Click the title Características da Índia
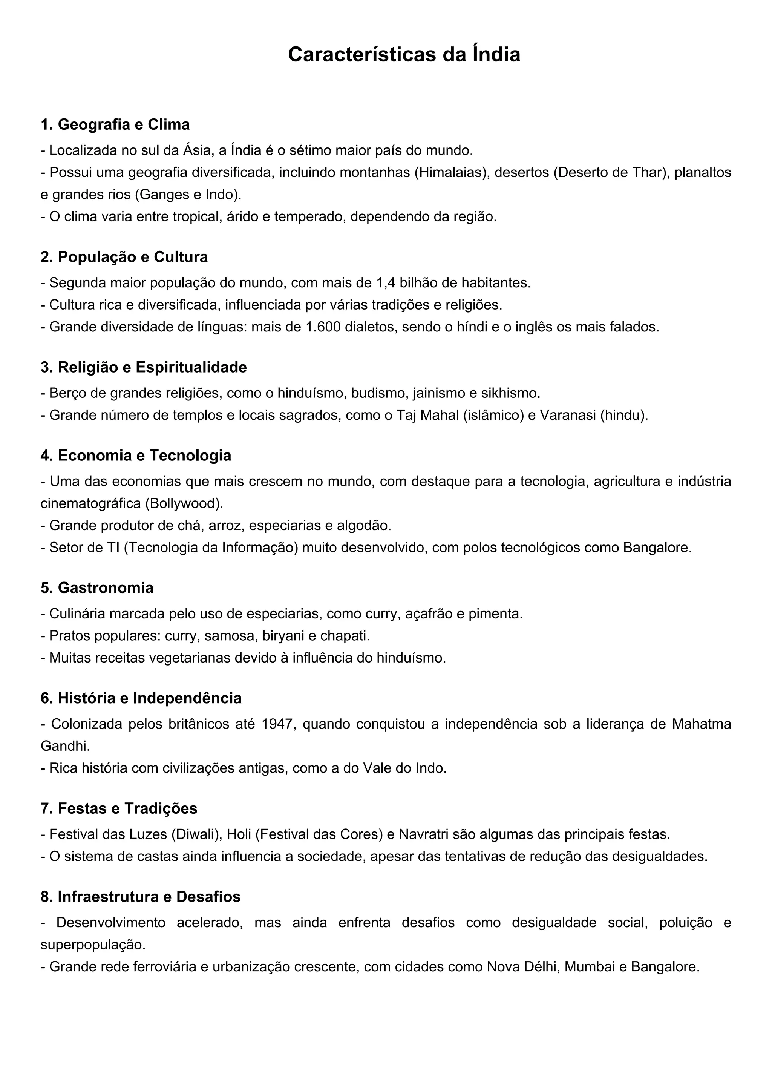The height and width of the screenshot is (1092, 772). [404, 55]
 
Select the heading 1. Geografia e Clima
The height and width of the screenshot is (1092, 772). [115, 124]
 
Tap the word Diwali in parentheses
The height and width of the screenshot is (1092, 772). [195, 835]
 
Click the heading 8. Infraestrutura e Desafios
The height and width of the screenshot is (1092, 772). [141, 897]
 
